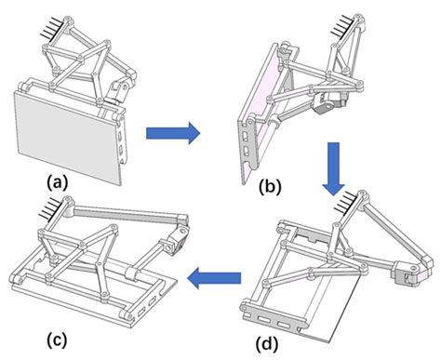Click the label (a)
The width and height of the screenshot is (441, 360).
coord(58,182)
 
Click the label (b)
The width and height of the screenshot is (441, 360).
coord(270,187)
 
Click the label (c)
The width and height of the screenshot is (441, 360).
coord(57,340)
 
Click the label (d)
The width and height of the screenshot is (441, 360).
coord(267,344)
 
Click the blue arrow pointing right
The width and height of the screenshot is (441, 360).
coord(173,133)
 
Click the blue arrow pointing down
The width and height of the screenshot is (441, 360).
coord(333,169)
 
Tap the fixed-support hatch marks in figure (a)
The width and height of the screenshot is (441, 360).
coord(52,31)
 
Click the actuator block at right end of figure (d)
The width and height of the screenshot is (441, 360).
coord(408,272)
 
